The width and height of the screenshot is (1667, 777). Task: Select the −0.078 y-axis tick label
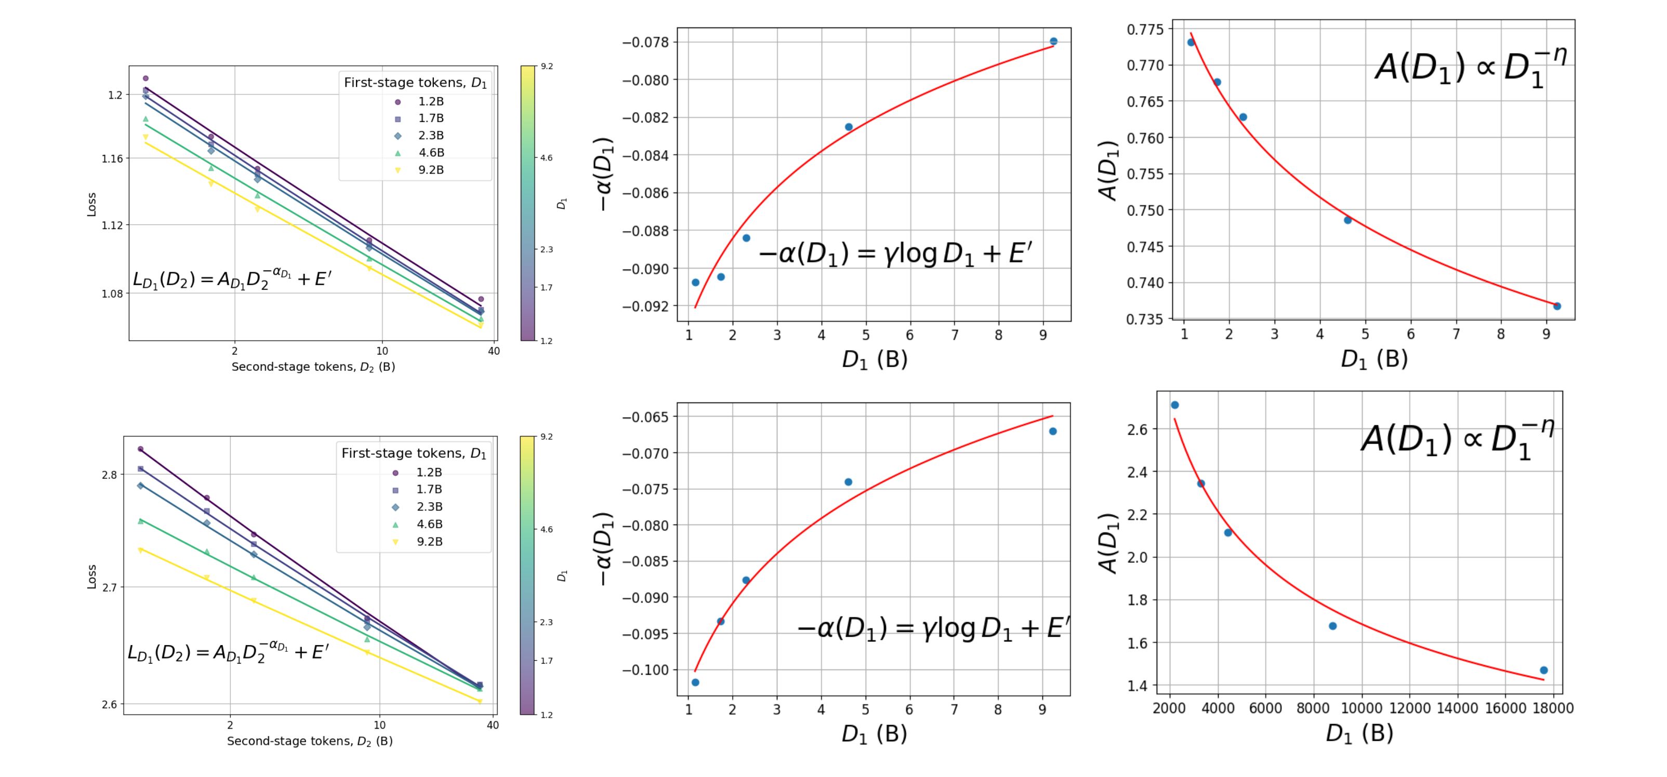point(646,43)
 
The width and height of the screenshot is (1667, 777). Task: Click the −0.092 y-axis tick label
point(646,306)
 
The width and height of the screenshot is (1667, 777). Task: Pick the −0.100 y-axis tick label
point(646,670)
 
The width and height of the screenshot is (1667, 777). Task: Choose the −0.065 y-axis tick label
point(646,417)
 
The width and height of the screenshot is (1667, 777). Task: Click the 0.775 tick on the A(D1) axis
point(1145,30)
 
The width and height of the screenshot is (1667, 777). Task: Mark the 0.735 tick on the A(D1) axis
point(1145,319)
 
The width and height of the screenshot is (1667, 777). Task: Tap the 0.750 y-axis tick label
point(1145,211)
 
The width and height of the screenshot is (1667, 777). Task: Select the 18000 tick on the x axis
point(1553,708)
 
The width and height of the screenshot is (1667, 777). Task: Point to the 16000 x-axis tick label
point(1505,708)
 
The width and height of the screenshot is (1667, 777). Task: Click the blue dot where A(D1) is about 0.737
point(1557,306)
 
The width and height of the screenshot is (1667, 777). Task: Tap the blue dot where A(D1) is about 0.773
point(1190,42)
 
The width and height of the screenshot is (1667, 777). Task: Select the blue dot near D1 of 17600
point(1543,670)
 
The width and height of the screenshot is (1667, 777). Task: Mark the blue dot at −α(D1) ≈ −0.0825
point(849,127)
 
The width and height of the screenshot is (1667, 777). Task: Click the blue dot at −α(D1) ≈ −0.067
point(1053,431)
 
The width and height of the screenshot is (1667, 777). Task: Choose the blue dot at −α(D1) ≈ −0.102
point(695,682)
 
